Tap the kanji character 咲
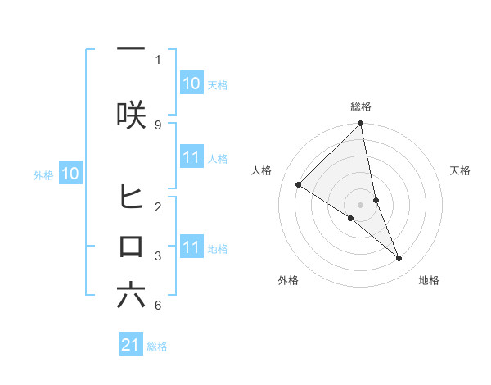point(131,115)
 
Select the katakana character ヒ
point(131,197)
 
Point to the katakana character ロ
point(131,247)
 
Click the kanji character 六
point(131,296)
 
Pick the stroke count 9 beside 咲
point(157,125)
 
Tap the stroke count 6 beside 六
point(157,306)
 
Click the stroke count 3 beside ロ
point(157,256)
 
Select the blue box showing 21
point(131,346)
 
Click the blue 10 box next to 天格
point(191,84)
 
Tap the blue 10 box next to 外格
point(70,174)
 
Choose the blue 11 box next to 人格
point(191,157)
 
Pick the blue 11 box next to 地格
point(191,247)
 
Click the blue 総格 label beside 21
point(158,346)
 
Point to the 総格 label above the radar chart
point(361,106)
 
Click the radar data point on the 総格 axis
point(361,124)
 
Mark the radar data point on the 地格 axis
point(399,258)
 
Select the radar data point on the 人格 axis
point(298,185)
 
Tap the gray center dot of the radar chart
point(361,205)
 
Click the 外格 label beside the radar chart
point(288,280)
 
